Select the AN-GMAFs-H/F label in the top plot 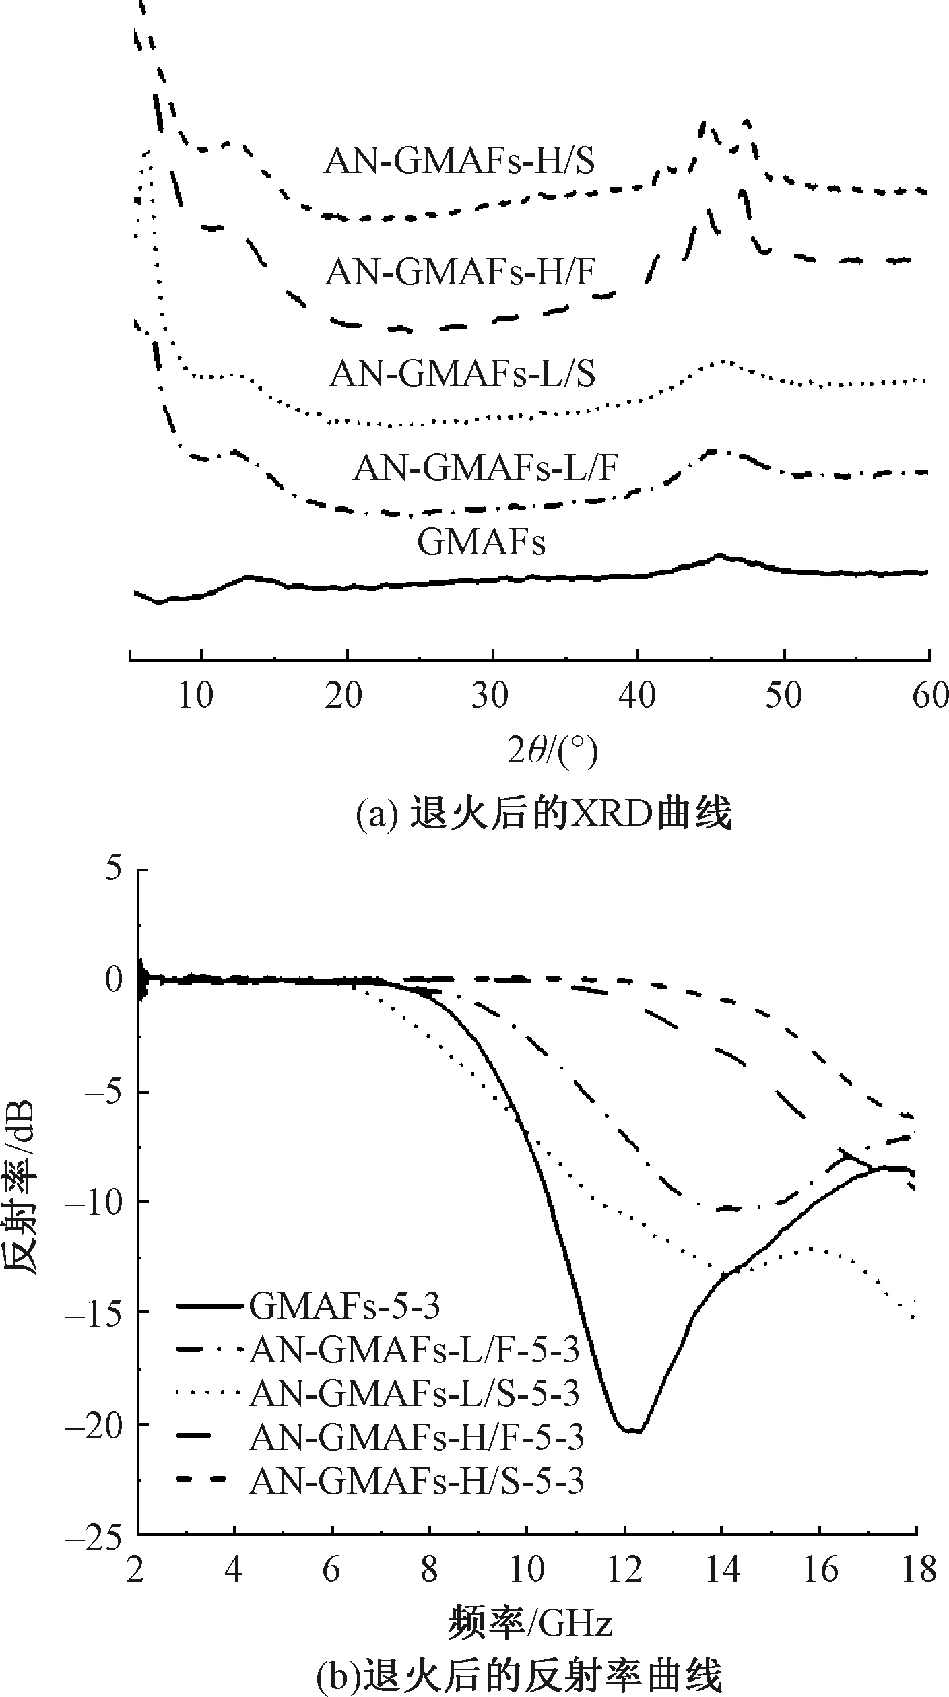[461, 273]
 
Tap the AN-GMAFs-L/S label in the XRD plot [462, 374]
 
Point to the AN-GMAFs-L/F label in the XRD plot [485, 467]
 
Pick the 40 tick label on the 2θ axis [637, 695]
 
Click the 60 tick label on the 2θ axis [930, 695]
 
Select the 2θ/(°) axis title [552, 752]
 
